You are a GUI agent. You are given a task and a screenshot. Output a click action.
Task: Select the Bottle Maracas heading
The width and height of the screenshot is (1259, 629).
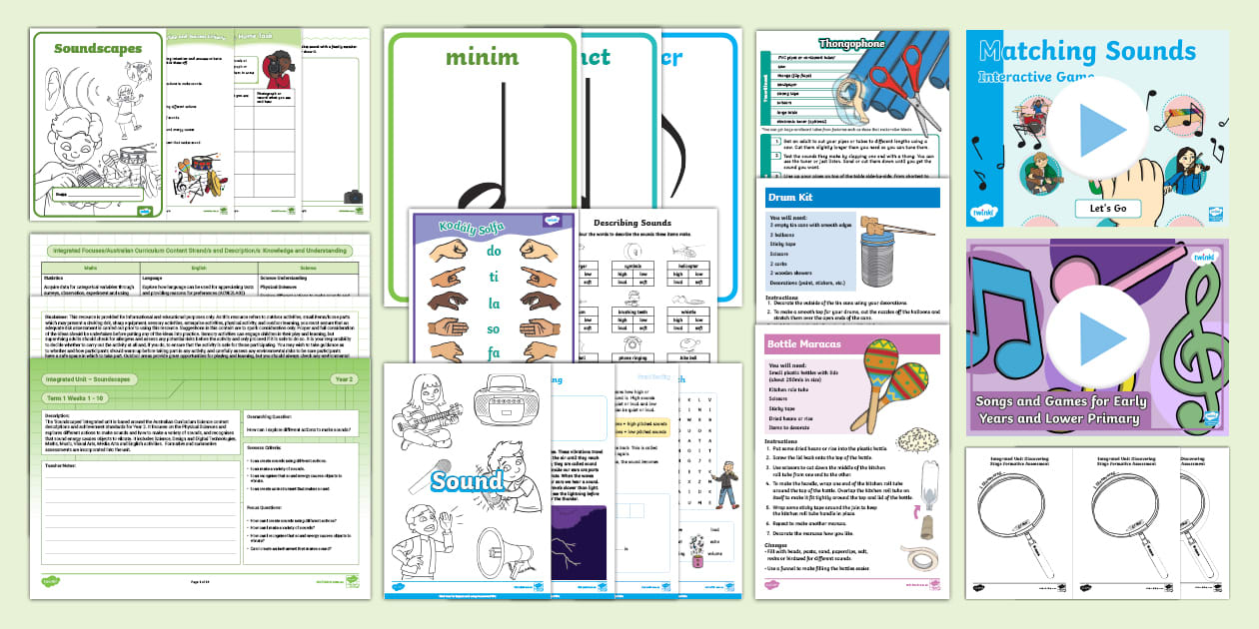click(803, 344)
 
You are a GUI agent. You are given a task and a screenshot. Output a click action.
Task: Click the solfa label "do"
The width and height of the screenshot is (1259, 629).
click(494, 252)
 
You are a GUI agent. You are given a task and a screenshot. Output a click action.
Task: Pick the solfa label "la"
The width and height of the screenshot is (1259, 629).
click(494, 302)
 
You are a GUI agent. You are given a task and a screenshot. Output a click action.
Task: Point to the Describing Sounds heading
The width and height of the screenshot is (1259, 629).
click(631, 223)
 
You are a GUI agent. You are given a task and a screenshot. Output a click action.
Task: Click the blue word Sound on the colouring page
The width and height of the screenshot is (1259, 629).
click(468, 481)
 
